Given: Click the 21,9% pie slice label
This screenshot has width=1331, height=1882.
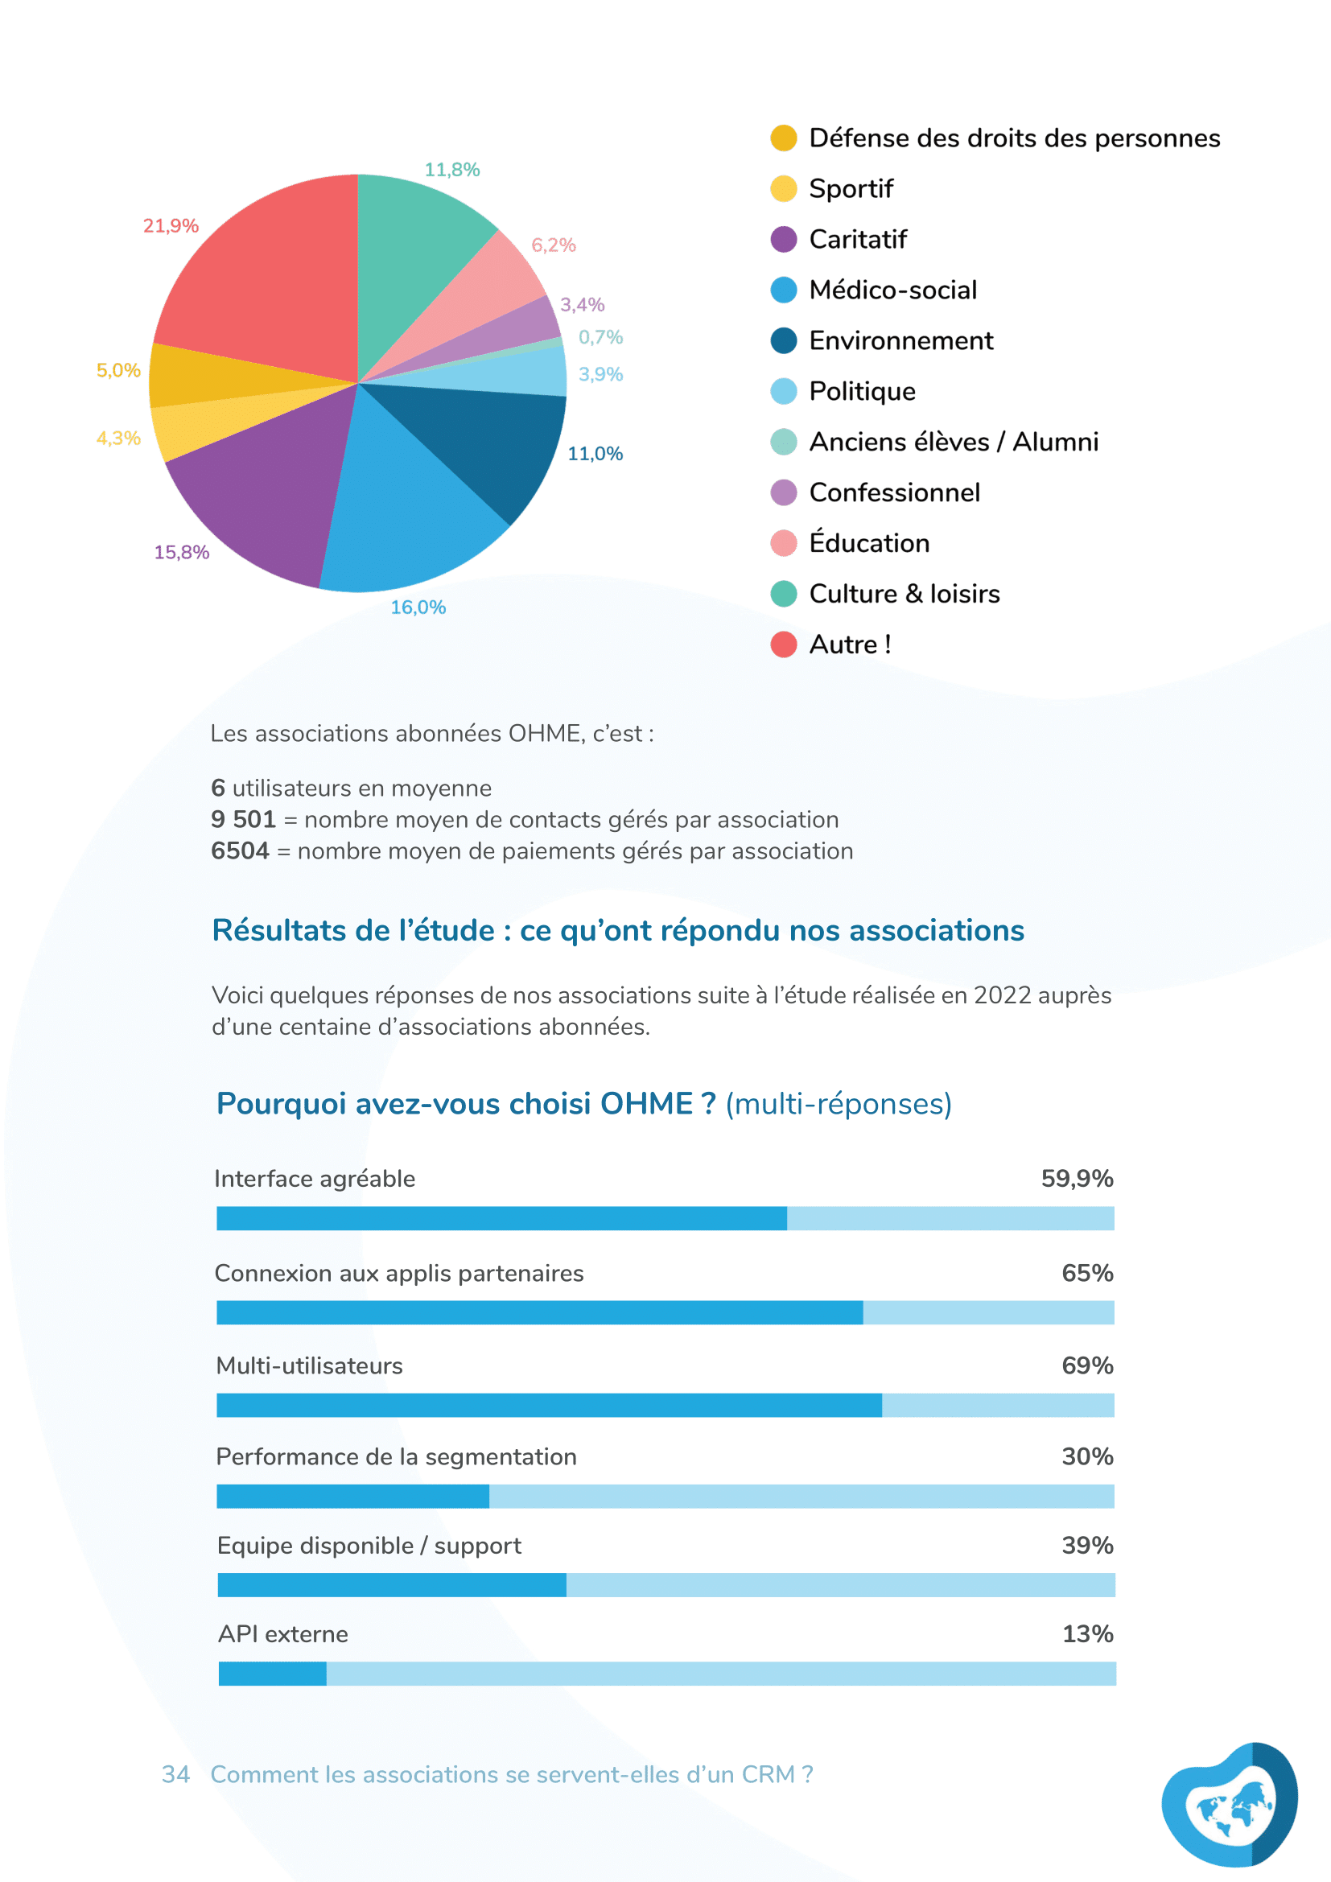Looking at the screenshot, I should point(171,226).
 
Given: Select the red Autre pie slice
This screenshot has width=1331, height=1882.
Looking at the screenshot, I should point(270,278).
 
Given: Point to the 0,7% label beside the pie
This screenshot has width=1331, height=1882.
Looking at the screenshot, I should point(601,338).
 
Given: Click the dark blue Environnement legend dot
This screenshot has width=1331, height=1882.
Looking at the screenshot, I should point(784,340).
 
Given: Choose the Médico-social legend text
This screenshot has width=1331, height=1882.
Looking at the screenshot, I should point(892,290).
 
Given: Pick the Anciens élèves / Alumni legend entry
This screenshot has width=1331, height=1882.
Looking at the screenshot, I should point(953,442).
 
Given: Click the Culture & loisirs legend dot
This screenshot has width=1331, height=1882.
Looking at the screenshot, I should point(784,594).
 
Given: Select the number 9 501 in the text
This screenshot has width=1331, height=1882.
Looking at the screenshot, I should point(242,819).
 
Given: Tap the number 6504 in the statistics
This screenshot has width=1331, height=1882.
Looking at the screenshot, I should point(239,850).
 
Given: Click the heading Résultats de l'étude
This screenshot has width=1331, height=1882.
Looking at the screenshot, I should point(617,930).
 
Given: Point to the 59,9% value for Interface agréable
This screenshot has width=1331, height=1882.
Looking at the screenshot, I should point(1076,1179).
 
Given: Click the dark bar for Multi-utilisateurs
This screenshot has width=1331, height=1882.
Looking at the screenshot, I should point(549,1405).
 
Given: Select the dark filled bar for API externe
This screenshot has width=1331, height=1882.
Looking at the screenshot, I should point(272,1674).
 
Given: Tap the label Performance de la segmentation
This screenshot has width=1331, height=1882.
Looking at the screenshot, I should point(396,1456).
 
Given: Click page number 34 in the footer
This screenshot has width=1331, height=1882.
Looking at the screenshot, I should point(175,1775).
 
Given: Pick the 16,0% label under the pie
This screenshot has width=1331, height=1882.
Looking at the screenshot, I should point(418,607).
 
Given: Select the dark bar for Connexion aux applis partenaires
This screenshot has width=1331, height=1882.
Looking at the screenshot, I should point(539,1312).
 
